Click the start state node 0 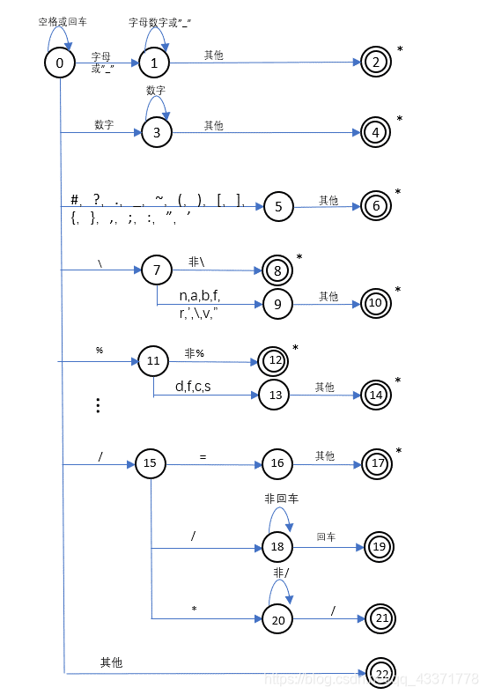[60, 63]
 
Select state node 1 [154, 63]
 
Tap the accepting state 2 [375, 62]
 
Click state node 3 [157, 133]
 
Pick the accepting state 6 [376, 205]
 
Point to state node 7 [157, 270]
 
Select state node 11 [152, 361]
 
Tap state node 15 [150, 463]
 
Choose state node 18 [277, 547]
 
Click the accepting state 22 [381, 674]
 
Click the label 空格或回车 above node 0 [62, 20]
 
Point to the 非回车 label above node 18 [281, 499]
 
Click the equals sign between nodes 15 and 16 [203, 456]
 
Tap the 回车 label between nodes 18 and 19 [326, 536]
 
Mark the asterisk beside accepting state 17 [399, 452]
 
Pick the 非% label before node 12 [194, 353]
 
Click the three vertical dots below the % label [99, 405]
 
